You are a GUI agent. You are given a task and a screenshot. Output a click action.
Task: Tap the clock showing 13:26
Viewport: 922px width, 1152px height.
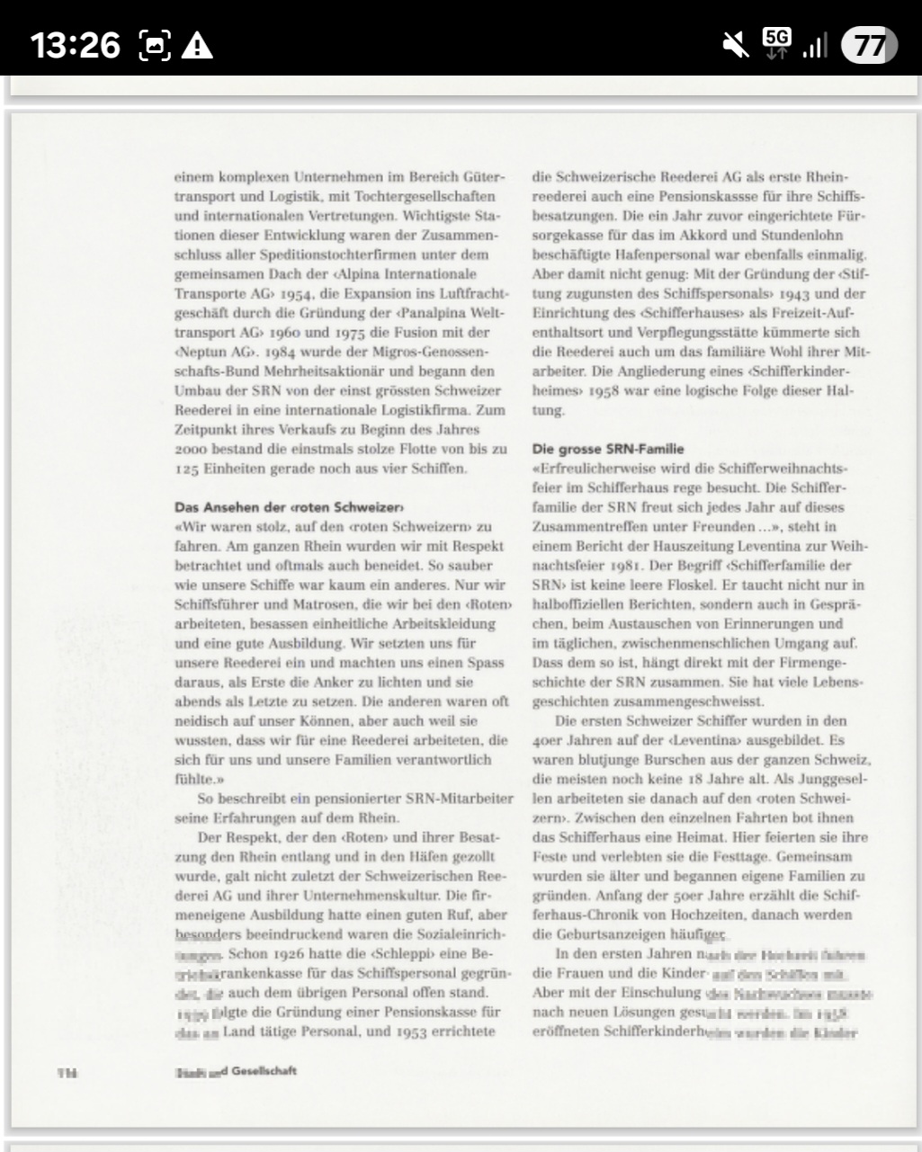[76, 44]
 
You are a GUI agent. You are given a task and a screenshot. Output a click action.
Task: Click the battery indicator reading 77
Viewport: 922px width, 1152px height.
[868, 45]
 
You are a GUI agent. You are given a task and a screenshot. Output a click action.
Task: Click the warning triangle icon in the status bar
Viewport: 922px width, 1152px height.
[197, 45]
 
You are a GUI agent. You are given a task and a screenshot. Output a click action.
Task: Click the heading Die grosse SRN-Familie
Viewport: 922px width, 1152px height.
[607, 449]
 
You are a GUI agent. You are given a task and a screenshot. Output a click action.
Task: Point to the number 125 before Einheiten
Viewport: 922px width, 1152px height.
[187, 469]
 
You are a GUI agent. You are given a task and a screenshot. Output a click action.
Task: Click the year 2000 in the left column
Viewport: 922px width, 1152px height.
[192, 449]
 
